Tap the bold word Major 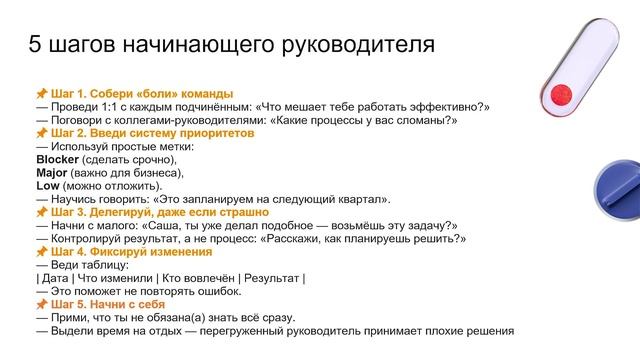click(51, 172)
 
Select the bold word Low click(47, 185)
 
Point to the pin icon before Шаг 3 click(41, 213)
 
